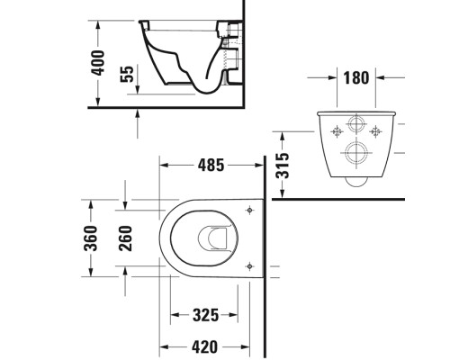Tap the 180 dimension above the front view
(x=356, y=77)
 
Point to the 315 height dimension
(x=283, y=164)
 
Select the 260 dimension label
(x=127, y=238)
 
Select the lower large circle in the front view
(x=355, y=152)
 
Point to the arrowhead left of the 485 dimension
(x=164, y=166)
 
